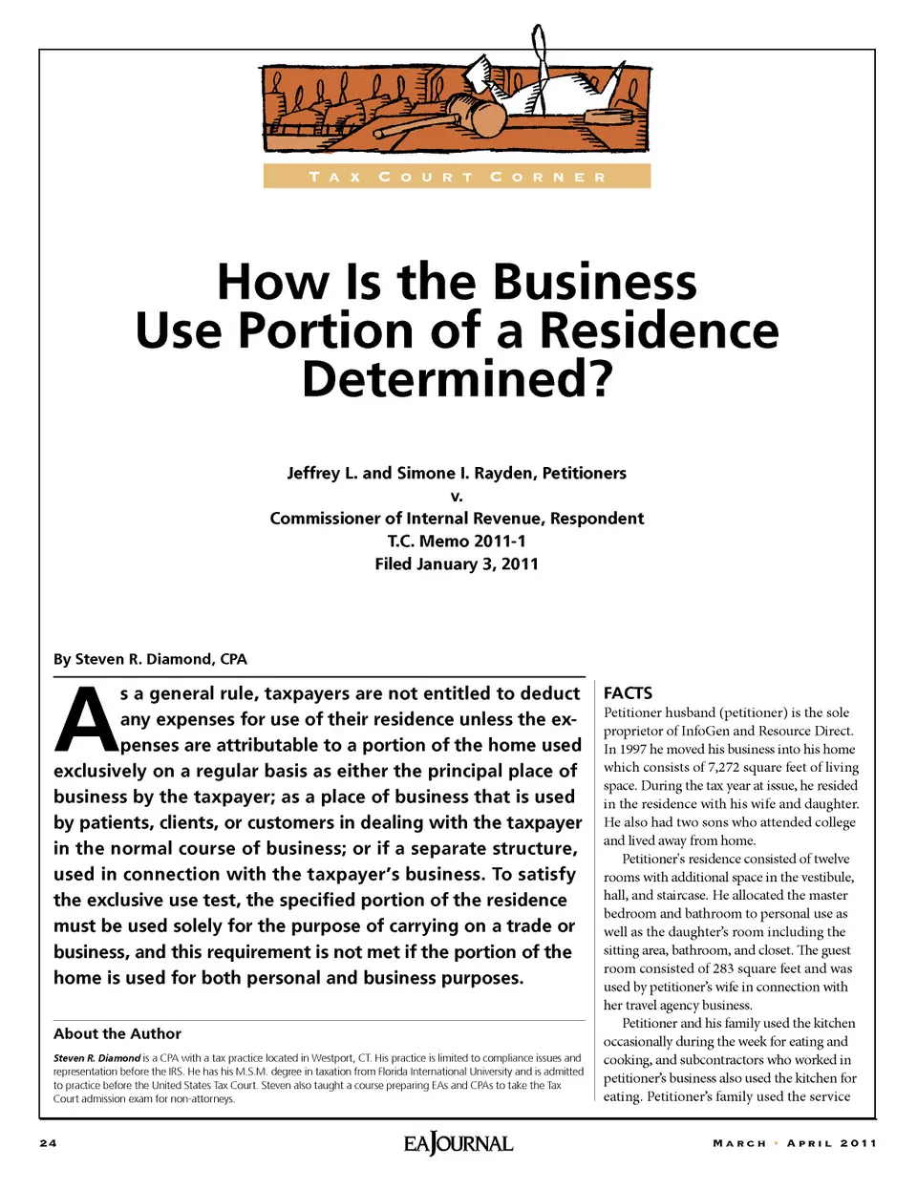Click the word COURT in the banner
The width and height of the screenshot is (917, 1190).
click(426, 177)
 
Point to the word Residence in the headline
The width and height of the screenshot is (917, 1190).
click(659, 330)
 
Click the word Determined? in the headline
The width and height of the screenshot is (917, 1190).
click(457, 379)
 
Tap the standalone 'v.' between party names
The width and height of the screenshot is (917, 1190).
click(457, 496)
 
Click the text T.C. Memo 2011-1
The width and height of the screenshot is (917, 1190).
click(457, 541)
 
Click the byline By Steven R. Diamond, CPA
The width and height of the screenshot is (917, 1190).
click(150, 659)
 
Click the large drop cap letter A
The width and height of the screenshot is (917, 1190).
click(85, 720)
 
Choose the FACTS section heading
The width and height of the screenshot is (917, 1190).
click(628, 693)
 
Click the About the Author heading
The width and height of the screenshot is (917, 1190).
click(117, 1033)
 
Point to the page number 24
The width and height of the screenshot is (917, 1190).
click(49, 1143)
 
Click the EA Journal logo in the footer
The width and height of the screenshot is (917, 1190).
click(458, 1143)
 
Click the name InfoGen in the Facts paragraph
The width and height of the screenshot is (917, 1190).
click(705, 731)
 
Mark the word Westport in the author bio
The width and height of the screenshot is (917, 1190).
click(331, 1058)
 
